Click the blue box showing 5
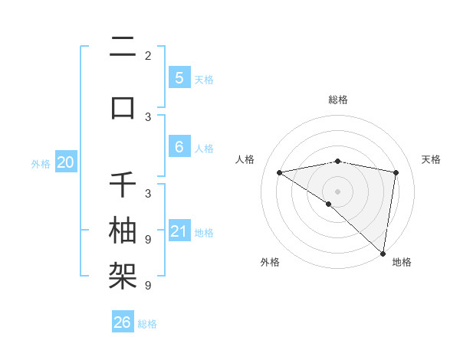click(179, 78)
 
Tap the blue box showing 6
click(179, 147)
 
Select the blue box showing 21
click(179, 231)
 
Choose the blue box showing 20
click(66, 162)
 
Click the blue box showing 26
click(123, 322)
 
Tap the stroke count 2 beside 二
click(148, 56)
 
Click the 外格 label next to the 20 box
click(41, 164)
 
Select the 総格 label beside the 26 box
click(147, 324)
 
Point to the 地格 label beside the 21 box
click(204, 233)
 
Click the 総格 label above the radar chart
click(337, 100)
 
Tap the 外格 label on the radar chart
click(270, 263)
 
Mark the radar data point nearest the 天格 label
click(396, 172)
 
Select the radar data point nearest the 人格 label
click(279, 172)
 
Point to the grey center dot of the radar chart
click(337, 191)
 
